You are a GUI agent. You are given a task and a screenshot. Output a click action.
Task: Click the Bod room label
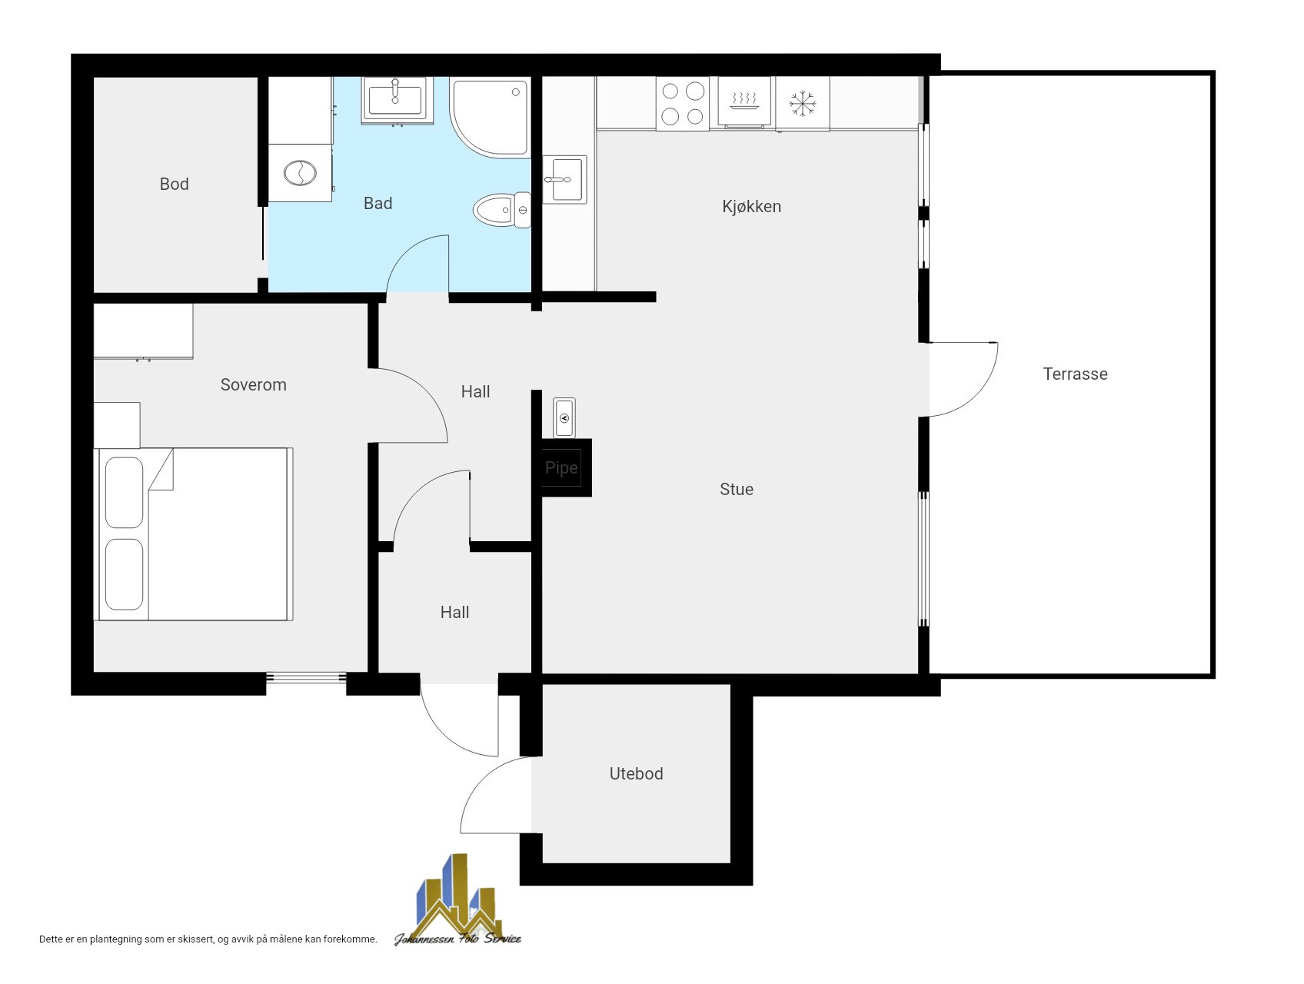point(174,184)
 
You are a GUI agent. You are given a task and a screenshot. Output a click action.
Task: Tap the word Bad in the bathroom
point(378,204)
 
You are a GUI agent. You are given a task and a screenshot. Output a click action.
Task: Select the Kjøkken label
point(751,207)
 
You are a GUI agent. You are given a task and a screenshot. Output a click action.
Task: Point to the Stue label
point(736,490)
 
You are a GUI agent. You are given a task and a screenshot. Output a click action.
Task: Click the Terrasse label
point(1075,374)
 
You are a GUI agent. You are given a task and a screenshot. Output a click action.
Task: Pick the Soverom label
point(253,385)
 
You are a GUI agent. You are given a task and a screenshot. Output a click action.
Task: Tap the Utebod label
point(636,774)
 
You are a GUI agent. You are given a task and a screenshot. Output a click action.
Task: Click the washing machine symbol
point(300,173)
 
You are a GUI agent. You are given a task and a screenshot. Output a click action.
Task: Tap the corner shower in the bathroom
point(491,117)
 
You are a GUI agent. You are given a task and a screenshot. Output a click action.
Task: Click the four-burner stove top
point(683,104)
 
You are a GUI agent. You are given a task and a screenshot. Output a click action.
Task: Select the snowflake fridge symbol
point(802,104)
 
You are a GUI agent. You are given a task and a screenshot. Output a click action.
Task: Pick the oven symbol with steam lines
point(743,102)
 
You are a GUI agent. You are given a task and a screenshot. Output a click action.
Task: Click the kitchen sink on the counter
point(564,180)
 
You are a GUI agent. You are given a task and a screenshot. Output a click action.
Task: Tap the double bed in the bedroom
point(193,534)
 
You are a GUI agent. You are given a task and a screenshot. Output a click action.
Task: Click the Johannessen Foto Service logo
point(458,900)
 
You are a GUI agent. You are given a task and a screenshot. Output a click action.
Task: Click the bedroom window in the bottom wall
point(306,677)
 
